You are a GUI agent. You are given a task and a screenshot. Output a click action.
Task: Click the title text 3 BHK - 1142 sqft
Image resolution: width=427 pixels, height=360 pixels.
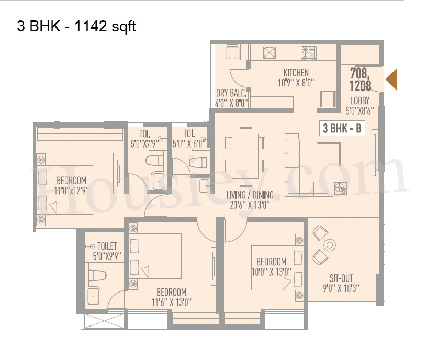point(76,26)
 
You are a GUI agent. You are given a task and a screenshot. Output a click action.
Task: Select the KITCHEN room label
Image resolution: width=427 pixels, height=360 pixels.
point(296,73)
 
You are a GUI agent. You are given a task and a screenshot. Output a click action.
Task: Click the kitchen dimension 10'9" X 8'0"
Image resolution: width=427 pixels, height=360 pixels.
point(296,83)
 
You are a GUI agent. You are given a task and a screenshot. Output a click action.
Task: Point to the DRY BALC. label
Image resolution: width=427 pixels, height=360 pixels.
point(231,93)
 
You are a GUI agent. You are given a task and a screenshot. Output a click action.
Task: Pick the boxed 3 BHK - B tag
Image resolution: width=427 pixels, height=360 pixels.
point(342,129)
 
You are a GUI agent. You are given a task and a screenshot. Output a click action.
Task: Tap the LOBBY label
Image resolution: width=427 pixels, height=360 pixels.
point(360,100)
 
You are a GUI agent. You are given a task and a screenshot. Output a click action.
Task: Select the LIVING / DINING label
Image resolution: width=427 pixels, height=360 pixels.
point(250,195)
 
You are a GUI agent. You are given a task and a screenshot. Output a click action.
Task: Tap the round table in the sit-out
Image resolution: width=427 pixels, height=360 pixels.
point(330,244)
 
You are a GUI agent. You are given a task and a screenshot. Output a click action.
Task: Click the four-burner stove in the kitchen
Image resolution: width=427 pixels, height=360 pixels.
point(308,52)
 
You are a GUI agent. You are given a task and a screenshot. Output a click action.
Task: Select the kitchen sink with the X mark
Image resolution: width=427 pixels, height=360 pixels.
point(270,53)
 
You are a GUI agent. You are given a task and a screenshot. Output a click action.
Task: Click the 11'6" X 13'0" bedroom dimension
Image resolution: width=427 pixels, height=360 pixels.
point(171,302)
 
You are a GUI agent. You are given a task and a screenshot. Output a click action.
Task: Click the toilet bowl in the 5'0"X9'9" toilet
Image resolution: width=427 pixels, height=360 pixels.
point(98,275)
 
